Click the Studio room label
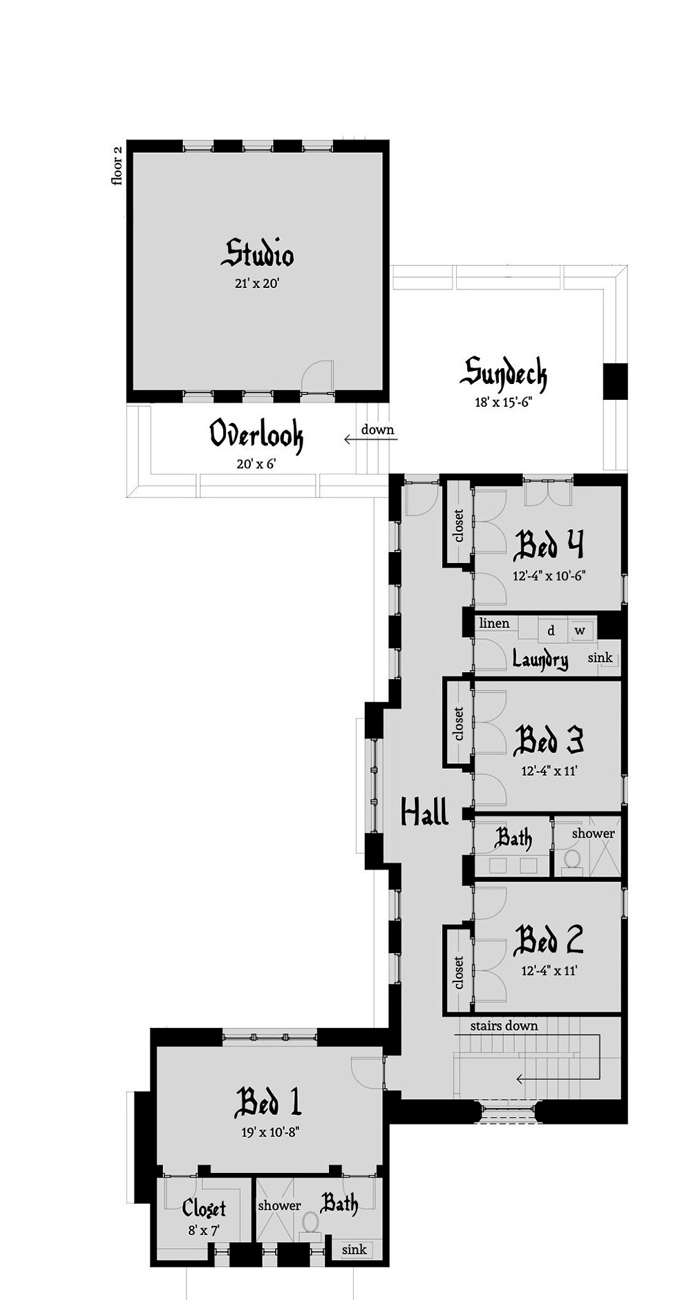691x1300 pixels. [x=257, y=254]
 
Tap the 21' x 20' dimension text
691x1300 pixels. [x=256, y=283]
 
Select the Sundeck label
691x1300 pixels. [x=504, y=374]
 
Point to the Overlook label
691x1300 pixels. [x=256, y=435]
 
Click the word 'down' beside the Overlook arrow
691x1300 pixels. [x=377, y=430]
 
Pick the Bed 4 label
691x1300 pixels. [x=549, y=544]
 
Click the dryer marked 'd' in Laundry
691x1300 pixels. [x=551, y=630]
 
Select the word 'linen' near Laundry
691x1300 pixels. [x=494, y=623]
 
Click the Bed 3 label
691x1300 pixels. [x=549, y=740]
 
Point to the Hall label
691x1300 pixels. [x=425, y=811]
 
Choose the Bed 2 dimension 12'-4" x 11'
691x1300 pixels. [x=549, y=971]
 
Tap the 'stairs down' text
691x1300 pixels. [x=504, y=1025]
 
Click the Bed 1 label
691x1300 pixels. [x=268, y=1102]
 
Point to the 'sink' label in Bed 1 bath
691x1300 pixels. [x=354, y=1249]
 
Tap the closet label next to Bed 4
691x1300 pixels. [x=459, y=527]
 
